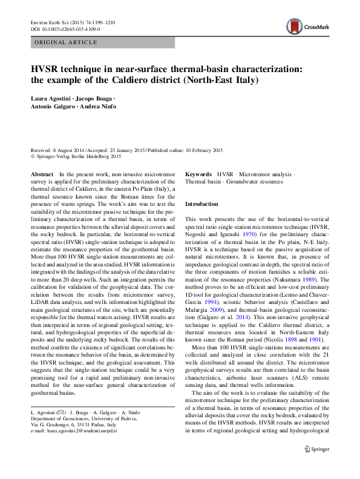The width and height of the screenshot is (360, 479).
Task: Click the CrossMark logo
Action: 305,27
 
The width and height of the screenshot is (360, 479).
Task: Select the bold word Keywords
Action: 198,174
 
